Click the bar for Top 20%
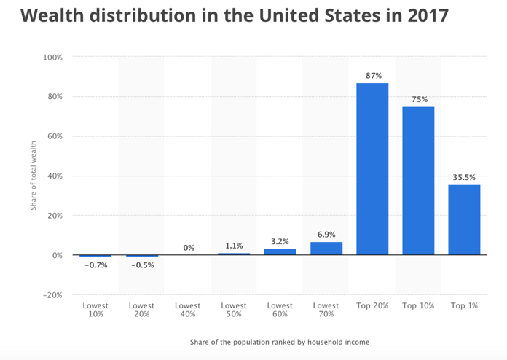point(372,169)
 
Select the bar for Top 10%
point(418,181)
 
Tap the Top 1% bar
point(464,220)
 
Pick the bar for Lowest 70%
point(326,249)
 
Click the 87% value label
point(372,76)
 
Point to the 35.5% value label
point(464,177)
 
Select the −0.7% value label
point(95,265)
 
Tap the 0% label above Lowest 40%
point(189,248)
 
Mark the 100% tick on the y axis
point(52,57)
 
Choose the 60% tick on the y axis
point(54,136)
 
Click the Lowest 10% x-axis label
point(95,310)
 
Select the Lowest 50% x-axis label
point(234,310)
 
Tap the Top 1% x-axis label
point(464,306)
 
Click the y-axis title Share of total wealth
point(34,176)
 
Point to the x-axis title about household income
point(280,342)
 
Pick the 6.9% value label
point(326,234)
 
